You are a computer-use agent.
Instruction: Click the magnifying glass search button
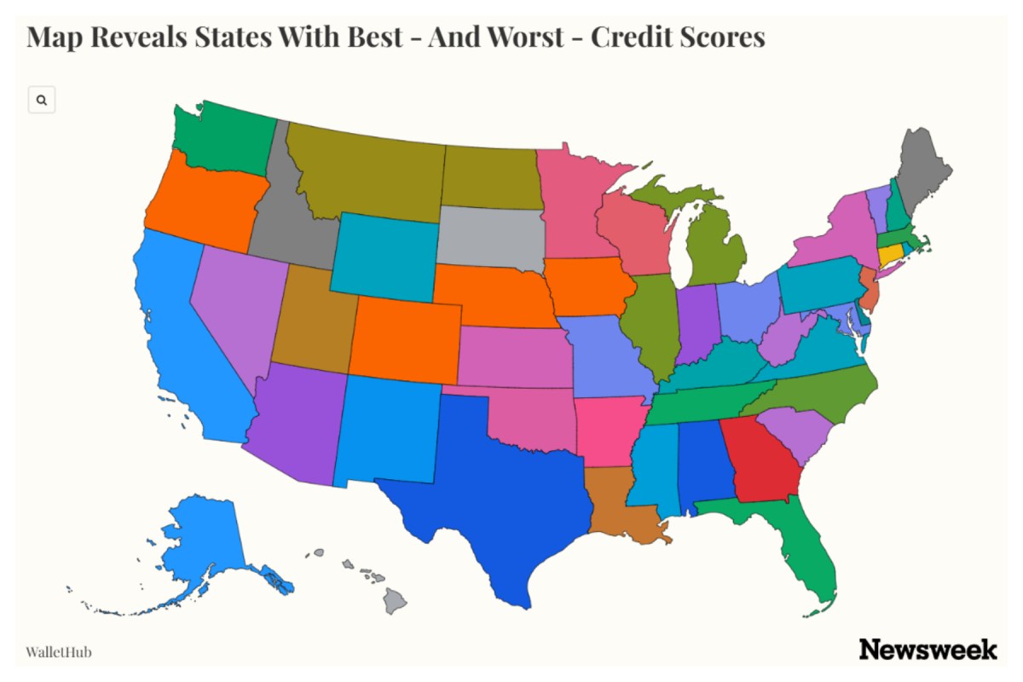(x=42, y=100)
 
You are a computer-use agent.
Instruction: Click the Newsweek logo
(x=928, y=650)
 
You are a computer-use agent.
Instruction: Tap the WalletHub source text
(x=59, y=653)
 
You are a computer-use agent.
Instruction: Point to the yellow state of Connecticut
(x=890, y=255)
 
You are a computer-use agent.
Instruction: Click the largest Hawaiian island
(x=394, y=603)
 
